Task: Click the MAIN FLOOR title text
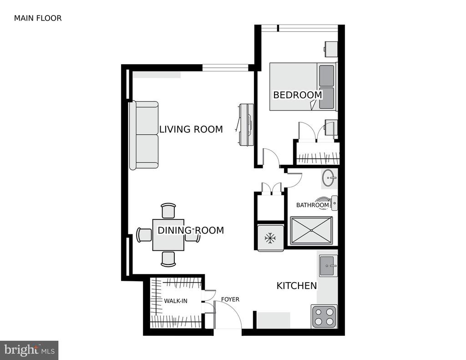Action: pyautogui.click(x=38, y=18)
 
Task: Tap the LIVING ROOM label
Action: pyautogui.click(x=191, y=129)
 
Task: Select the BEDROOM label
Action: pyautogui.click(x=298, y=95)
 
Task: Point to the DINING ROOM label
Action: pyautogui.click(x=191, y=230)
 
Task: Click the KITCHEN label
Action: pyautogui.click(x=297, y=286)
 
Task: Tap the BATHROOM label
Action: pyautogui.click(x=313, y=205)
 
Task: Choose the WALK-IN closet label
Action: pyautogui.click(x=176, y=301)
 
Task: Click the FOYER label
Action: pyautogui.click(x=230, y=299)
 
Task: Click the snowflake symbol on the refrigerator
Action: pyautogui.click(x=270, y=238)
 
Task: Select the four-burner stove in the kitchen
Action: pyautogui.click(x=324, y=317)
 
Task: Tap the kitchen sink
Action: pyautogui.click(x=328, y=266)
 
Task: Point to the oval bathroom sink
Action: pyautogui.click(x=329, y=178)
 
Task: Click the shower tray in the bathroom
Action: pyautogui.click(x=311, y=230)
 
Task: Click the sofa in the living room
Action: pyautogui.click(x=144, y=135)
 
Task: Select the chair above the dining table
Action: pyautogui.click(x=168, y=211)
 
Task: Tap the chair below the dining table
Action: pyautogui.click(x=168, y=259)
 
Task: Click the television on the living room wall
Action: pyautogui.click(x=246, y=125)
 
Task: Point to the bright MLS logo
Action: pyautogui.click(x=29, y=350)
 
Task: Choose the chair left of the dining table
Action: pyautogui.click(x=144, y=235)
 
